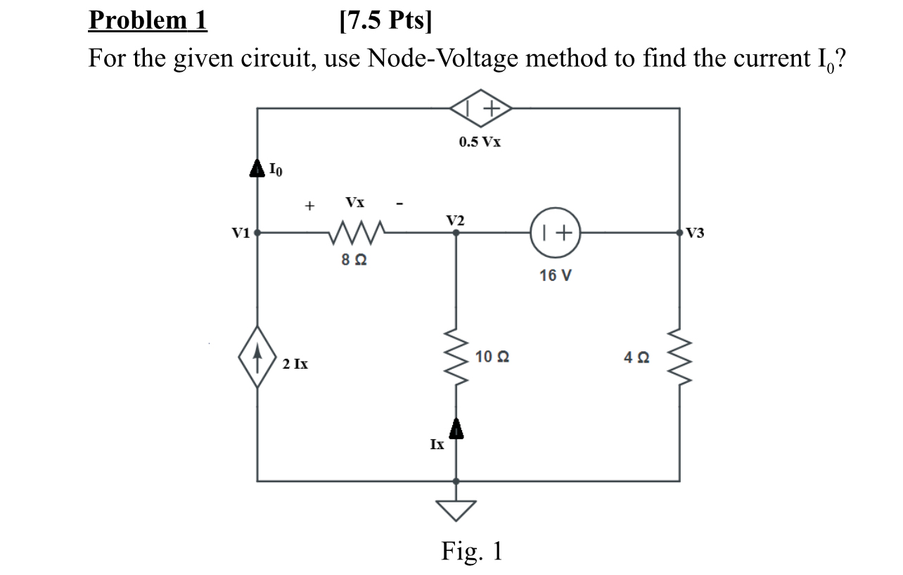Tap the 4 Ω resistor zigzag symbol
click(x=679, y=358)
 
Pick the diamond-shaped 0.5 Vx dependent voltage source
click(x=480, y=108)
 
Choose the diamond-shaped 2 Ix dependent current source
click(x=257, y=356)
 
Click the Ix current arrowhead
click(x=456, y=426)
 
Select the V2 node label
click(x=455, y=220)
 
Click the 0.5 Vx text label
click(x=480, y=141)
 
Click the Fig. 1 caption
click(x=472, y=550)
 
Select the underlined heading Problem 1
click(x=148, y=21)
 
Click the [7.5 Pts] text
click(x=386, y=21)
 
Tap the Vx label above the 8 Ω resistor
click(x=355, y=203)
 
